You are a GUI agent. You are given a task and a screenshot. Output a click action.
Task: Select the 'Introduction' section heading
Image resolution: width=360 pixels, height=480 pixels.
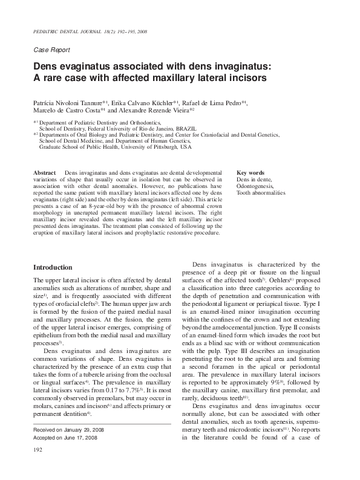pyautogui.click(x=53, y=267)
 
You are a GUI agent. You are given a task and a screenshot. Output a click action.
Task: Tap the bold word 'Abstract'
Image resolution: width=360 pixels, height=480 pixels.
pyautogui.click(x=45, y=173)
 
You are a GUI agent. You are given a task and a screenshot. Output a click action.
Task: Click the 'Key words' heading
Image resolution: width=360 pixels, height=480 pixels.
pyautogui.click(x=250, y=173)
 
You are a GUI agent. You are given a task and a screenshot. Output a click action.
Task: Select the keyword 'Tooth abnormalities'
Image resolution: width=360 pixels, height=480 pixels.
pyautogui.click(x=261, y=193)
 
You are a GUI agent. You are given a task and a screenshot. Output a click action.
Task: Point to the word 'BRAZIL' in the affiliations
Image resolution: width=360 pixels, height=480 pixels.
pyautogui.click(x=185, y=129)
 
